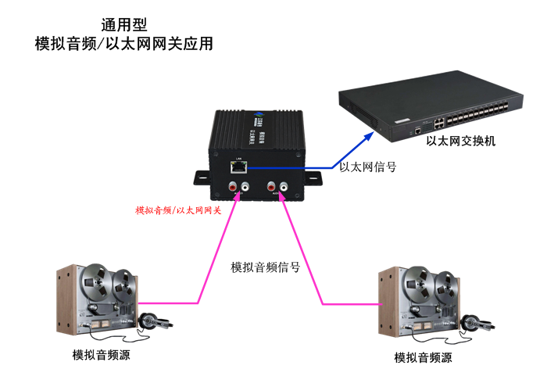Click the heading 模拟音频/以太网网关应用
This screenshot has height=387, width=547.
(123, 44)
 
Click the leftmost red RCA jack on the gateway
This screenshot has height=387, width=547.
(232, 187)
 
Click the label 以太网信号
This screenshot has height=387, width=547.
(367, 167)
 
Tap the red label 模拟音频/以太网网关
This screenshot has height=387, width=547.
(178, 210)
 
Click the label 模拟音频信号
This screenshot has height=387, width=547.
(266, 267)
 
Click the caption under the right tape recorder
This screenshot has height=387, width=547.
(423, 358)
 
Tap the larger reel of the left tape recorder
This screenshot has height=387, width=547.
(98, 281)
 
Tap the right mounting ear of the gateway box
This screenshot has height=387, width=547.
(316, 178)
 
